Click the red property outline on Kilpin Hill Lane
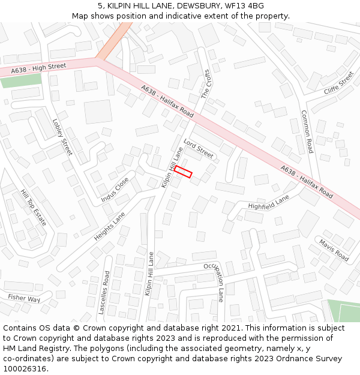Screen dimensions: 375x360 [183, 172]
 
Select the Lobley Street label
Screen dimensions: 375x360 [62, 136]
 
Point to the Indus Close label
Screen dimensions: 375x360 [115, 189]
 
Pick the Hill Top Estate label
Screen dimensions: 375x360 [33, 208]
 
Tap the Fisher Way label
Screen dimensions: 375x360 [24, 298]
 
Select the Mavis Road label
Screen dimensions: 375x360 [334, 250]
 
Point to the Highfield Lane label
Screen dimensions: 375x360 [268, 202]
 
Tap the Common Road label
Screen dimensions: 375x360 [307, 131]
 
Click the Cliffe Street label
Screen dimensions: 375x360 [339, 82]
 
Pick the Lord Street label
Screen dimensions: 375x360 [199, 149]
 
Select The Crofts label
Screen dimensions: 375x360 [206, 83]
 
